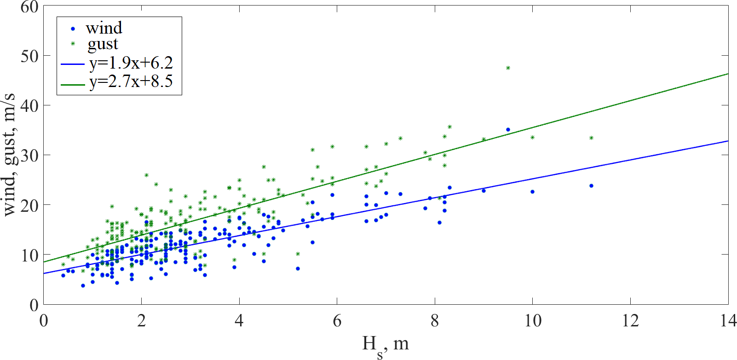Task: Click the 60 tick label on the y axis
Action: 29,7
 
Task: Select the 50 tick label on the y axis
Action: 29,56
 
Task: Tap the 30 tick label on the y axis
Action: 29,156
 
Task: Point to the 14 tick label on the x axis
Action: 728,320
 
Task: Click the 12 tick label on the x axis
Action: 630,320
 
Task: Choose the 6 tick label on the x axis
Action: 337,320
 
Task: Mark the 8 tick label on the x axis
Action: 435,320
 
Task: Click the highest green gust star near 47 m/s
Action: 508,68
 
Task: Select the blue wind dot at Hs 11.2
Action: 591,186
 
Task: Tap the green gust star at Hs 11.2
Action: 591,138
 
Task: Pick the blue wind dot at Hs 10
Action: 532,192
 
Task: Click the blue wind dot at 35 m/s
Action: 508,130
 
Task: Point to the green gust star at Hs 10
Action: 532,138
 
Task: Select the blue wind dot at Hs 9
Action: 484,191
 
